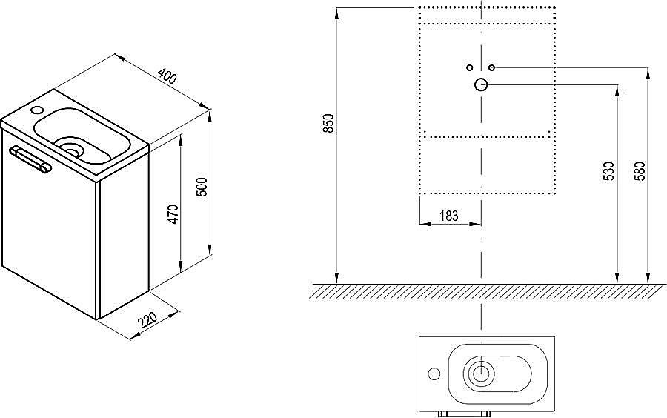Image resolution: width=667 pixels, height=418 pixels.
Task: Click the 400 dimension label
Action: [x=167, y=76]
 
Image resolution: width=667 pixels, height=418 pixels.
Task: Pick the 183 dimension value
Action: [x=449, y=216]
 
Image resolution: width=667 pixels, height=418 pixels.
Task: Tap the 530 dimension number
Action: [x=609, y=171]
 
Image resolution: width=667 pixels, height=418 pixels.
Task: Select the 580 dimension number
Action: [x=640, y=171]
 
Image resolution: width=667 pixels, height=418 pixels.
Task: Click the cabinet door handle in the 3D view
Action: [x=30, y=159]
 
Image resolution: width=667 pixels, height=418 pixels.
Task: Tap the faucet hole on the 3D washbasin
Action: [x=37, y=110]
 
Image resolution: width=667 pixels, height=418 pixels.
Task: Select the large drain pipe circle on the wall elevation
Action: [x=481, y=85]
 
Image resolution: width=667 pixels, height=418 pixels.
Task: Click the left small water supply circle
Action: [x=470, y=67]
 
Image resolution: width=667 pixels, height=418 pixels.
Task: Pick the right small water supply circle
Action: [x=492, y=67]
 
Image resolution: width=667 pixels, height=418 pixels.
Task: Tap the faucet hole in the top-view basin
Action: [x=434, y=374]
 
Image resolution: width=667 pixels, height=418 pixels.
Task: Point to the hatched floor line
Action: [x=488, y=284]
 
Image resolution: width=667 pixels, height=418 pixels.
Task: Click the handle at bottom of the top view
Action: [x=465, y=414]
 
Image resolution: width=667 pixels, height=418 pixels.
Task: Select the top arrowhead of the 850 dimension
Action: [x=336, y=13]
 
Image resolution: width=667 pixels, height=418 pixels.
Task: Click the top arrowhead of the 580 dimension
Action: [x=648, y=73]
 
